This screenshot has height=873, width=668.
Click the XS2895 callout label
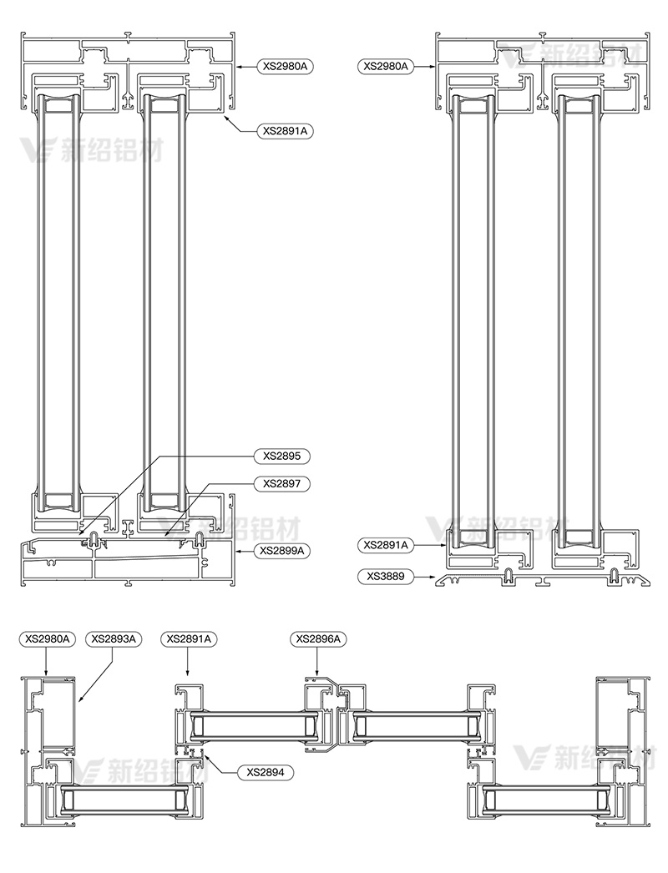pyautogui.click(x=282, y=456)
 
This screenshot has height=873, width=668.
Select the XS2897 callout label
pyautogui.click(x=282, y=484)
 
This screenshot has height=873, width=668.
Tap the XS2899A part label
pyautogui.click(x=282, y=551)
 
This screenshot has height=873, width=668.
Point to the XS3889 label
pyautogui.click(x=386, y=576)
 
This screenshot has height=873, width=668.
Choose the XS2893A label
pyautogui.click(x=114, y=638)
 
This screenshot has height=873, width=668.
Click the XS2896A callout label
pyautogui.click(x=318, y=638)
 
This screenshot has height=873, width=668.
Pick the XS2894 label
pyautogui.click(x=266, y=772)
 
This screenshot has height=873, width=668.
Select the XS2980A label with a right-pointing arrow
pyautogui.click(x=386, y=66)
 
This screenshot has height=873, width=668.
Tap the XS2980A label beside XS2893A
pyautogui.click(x=48, y=638)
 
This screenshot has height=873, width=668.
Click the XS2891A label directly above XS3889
pyautogui.click(x=386, y=545)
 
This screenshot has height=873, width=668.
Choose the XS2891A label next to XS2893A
pyautogui.click(x=189, y=638)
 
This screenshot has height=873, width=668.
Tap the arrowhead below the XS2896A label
pyautogui.click(x=317, y=674)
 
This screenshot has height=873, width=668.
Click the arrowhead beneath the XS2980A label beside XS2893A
pyautogui.click(x=46, y=674)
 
